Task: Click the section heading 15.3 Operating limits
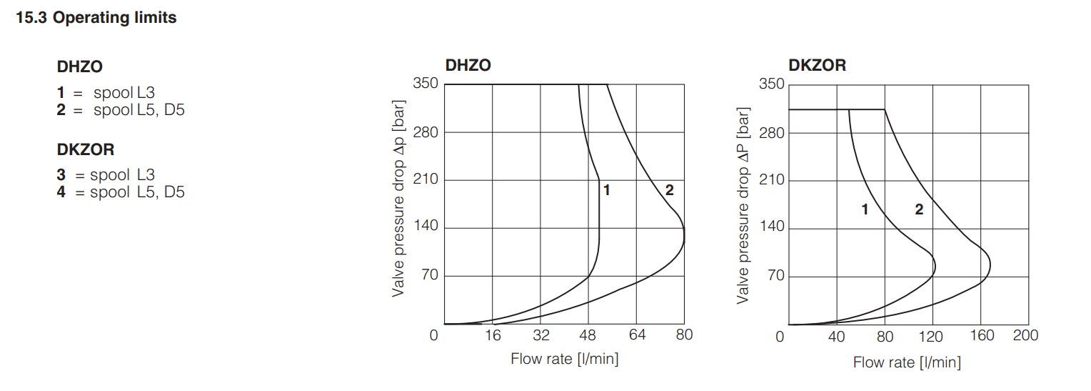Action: coord(96,18)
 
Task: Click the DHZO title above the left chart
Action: coord(468,66)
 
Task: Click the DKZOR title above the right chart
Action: coord(817,66)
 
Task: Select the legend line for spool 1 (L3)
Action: coord(106,92)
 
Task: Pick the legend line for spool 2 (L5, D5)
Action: coord(121,110)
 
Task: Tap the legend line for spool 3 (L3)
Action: coord(106,174)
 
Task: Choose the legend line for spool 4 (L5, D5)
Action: coord(121,192)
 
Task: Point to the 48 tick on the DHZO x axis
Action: coord(588,335)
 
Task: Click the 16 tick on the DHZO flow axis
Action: coord(493,335)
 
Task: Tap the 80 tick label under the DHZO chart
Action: coord(684,335)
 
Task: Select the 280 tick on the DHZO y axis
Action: coord(426,132)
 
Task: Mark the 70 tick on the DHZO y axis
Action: coord(430,276)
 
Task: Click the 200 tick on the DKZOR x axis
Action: coord(1026,335)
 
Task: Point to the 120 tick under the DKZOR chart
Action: coord(932,335)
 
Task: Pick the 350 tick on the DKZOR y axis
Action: coord(773,84)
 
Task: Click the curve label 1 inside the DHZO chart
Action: coord(606,190)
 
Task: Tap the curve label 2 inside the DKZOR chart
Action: coord(919,209)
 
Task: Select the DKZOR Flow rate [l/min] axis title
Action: coord(907,363)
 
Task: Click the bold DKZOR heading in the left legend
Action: coord(86,150)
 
